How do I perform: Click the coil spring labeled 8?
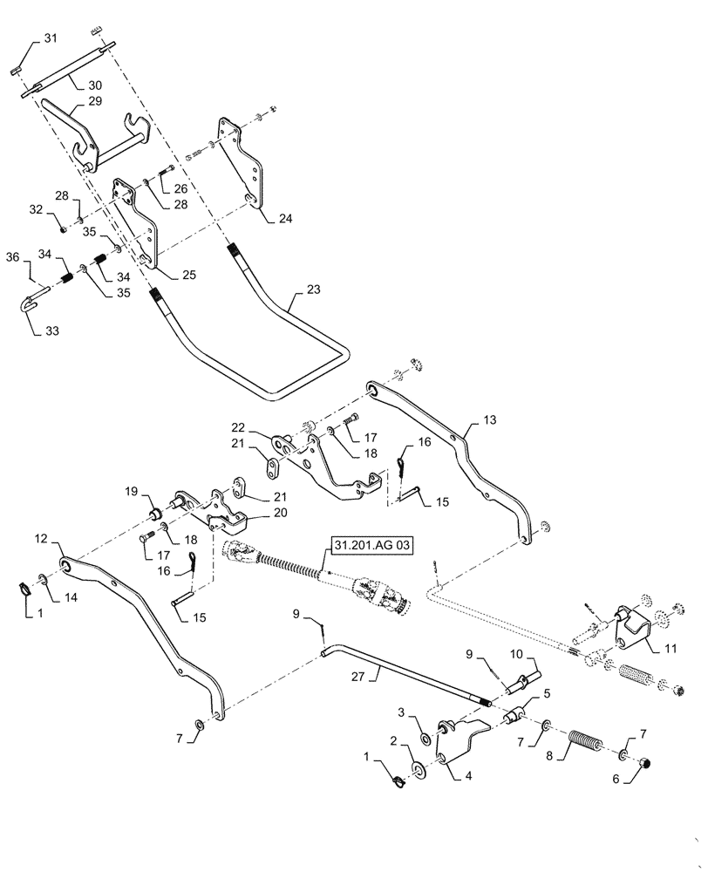click(588, 748)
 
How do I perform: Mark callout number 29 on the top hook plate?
click(93, 102)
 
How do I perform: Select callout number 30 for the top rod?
click(93, 85)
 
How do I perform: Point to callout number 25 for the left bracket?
click(188, 275)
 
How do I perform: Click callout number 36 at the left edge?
click(12, 257)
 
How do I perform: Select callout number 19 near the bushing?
click(131, 491)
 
